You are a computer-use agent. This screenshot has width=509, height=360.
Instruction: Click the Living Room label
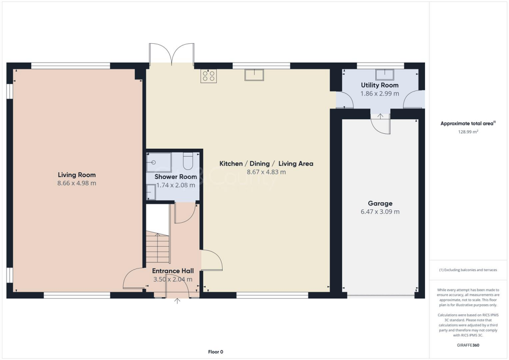(x=77, y=175)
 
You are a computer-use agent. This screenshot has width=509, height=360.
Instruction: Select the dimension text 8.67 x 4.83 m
(x=266, y=172)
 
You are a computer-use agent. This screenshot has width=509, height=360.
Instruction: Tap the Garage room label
(x=380, y=203)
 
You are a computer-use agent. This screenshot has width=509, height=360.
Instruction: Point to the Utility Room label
(x=379, y=85)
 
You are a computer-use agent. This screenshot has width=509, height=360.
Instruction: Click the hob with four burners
(x=208, y=76)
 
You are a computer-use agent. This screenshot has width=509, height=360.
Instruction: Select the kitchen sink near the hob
(x=254, y=75)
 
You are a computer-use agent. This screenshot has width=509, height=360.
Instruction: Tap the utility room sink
(x=384, y=75)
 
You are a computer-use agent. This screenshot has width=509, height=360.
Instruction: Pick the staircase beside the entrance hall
(x=158, y=246)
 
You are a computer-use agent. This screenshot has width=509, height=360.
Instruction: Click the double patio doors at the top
(x=171, y=55)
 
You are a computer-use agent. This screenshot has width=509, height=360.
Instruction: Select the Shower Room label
(x=175, y=177)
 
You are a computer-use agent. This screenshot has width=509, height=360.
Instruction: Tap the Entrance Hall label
(x=172, y=270)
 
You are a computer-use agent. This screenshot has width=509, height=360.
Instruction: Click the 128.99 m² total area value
(x=468, y=132)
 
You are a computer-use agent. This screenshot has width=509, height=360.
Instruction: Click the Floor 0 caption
(x=215, y=352)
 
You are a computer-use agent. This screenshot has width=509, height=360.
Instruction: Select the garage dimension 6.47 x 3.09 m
(x=380, y=211)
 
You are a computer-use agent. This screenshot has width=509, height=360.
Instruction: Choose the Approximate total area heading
(x=468, y=124)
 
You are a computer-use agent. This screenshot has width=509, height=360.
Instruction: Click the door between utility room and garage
(x=382, y=124)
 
